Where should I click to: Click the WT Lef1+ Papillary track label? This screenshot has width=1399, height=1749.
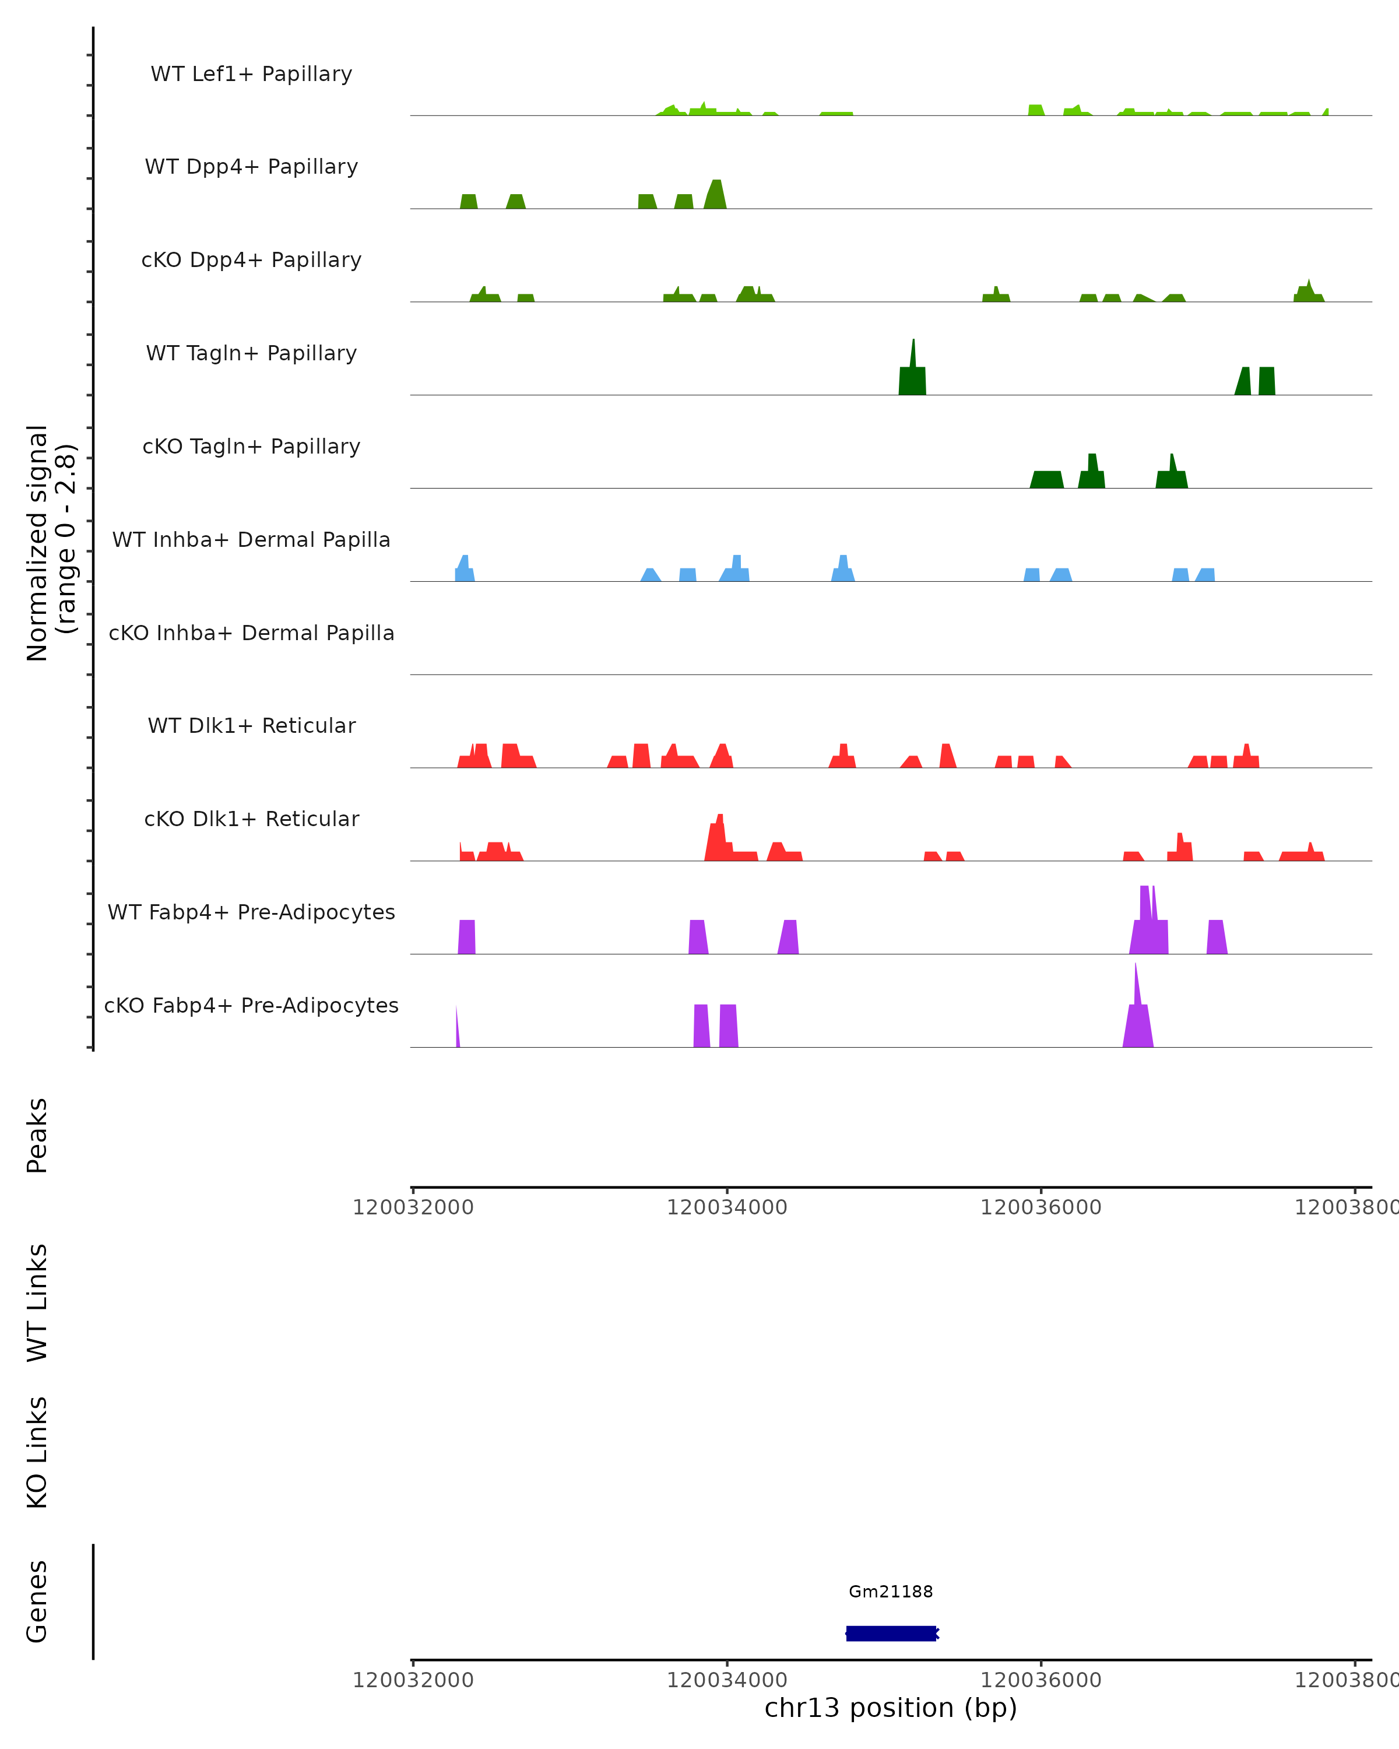coord(251,74)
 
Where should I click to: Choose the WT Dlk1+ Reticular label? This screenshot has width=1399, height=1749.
coord(251,725)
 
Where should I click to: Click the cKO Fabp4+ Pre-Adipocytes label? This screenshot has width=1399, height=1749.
coord(251,1005)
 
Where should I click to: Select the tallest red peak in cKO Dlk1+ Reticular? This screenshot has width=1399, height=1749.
coord(719,835)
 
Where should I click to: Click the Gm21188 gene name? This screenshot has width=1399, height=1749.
coord(891,1592)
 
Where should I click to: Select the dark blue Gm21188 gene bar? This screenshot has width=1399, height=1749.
coord(891,1633)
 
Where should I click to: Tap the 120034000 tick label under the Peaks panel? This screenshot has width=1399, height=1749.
coord(727,1207)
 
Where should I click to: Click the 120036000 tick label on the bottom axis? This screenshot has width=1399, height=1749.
coord(1041,1680)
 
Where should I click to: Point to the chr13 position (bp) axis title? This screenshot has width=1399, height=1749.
coord(891,1708)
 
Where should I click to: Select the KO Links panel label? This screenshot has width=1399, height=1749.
coord(37,1453)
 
